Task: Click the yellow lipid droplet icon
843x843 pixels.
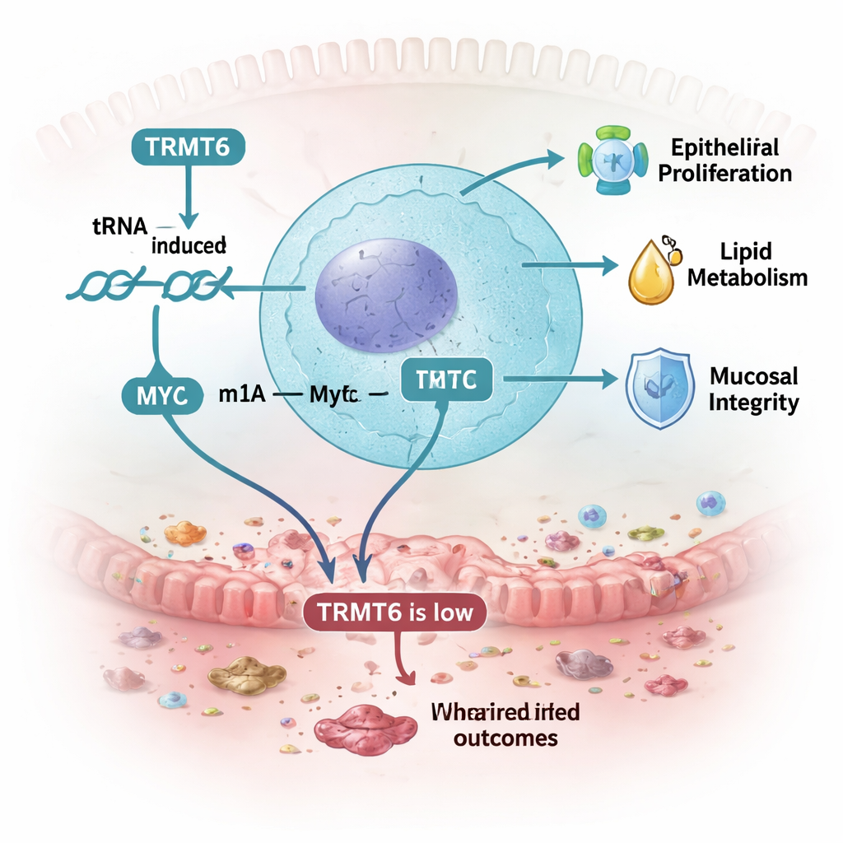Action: tap(650, 274)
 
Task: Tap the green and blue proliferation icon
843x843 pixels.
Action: tap(608, 160)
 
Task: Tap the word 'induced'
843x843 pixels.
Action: tap(189, 245)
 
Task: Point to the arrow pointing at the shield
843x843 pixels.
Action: tap(560, 379)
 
